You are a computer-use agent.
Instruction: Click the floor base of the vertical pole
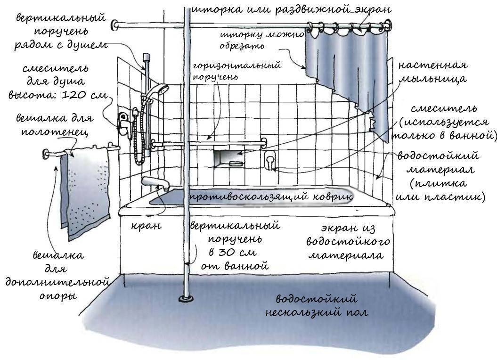185,298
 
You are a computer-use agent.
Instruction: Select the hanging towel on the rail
86,188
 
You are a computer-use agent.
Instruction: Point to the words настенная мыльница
432,72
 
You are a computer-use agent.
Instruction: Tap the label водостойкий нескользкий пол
316,305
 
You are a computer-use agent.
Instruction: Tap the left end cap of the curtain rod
114,25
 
